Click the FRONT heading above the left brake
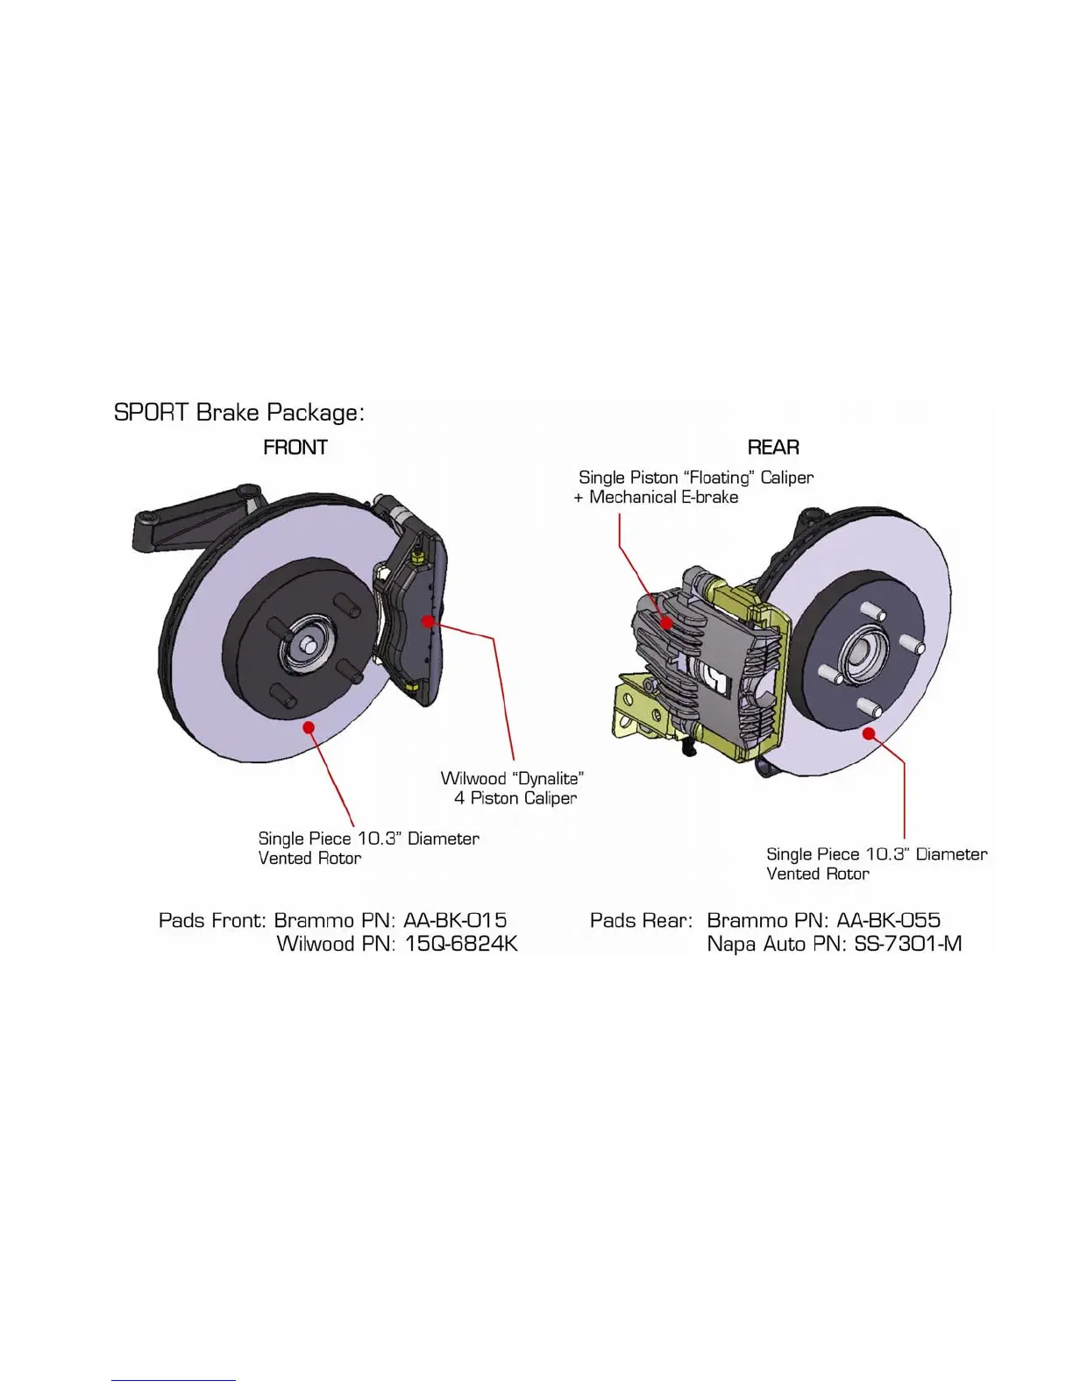[x=295, y=448]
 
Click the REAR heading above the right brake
[x=773, y=448]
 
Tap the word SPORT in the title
[x=152, y=413]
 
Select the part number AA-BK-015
[x=455, y=921]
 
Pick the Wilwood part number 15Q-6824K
[x=461, y=945]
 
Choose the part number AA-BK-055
[x=888, y=921]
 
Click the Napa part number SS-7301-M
[x=907, y=945]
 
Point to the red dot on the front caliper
[x=428, y=621]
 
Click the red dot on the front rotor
[x=309, y=726]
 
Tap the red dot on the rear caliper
[x=667, y=623]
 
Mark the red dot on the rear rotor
[x=869, y=733]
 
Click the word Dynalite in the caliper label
[x=548, y=778]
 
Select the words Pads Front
[x=211, y=921]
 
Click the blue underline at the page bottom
[x=174, y=1381]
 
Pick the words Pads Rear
[x=641, y=921]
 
